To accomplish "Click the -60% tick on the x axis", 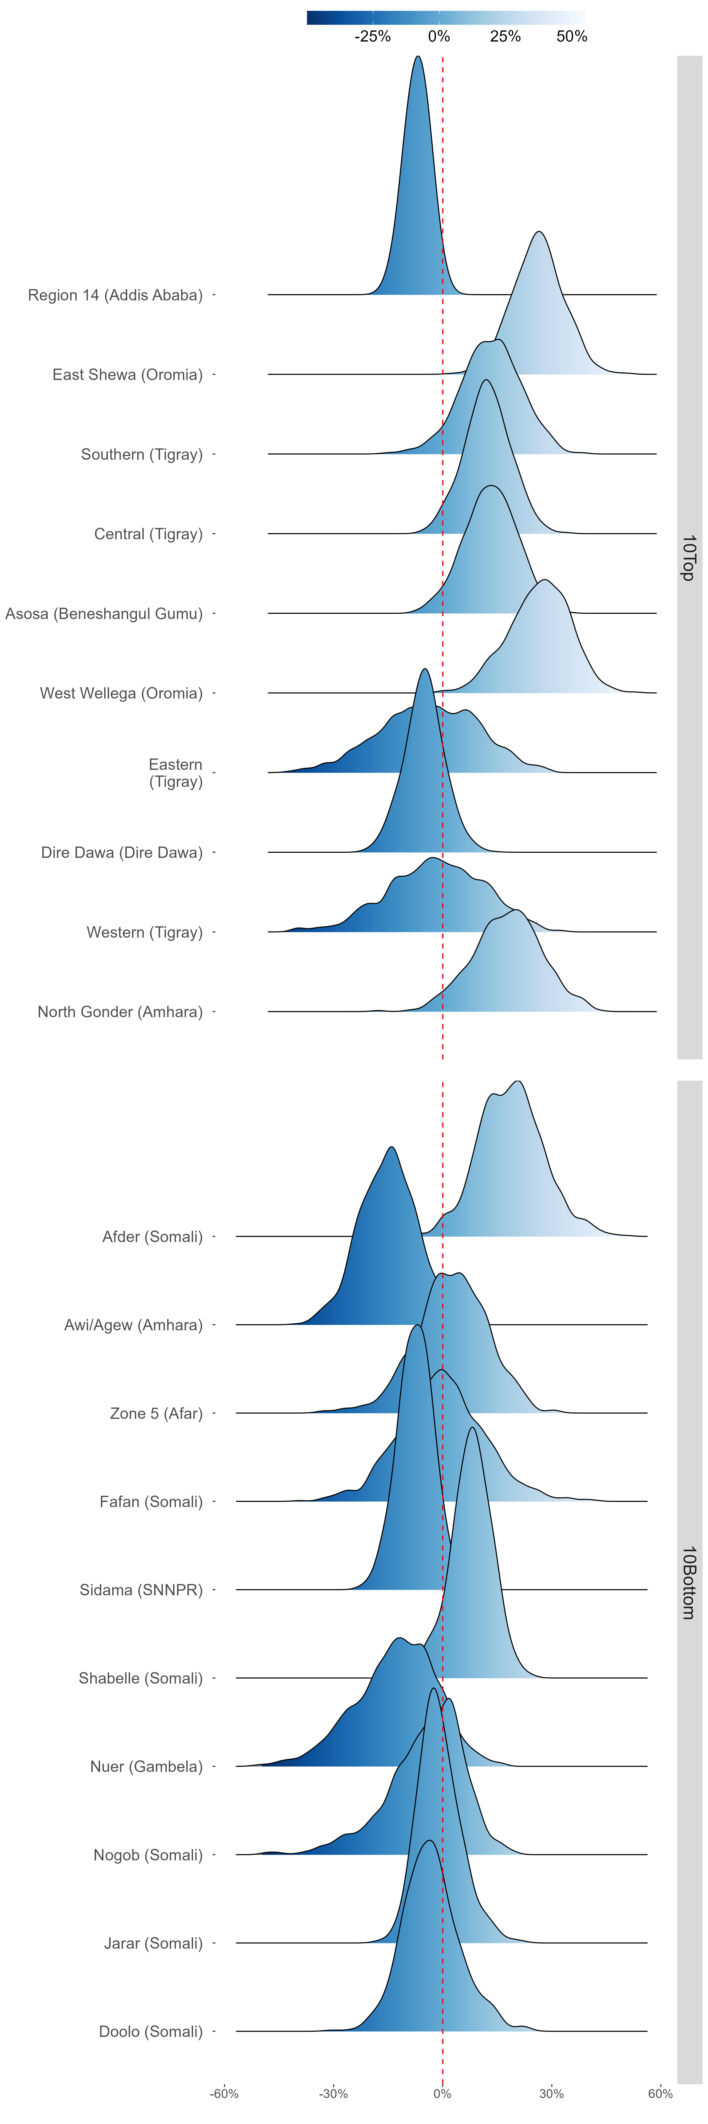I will point(224,2094).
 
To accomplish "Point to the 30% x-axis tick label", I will point(551,2094).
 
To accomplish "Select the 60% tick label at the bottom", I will point(660,2094).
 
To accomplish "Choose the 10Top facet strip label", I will point(689,557).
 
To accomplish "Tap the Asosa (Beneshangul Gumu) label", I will point(104,614).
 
